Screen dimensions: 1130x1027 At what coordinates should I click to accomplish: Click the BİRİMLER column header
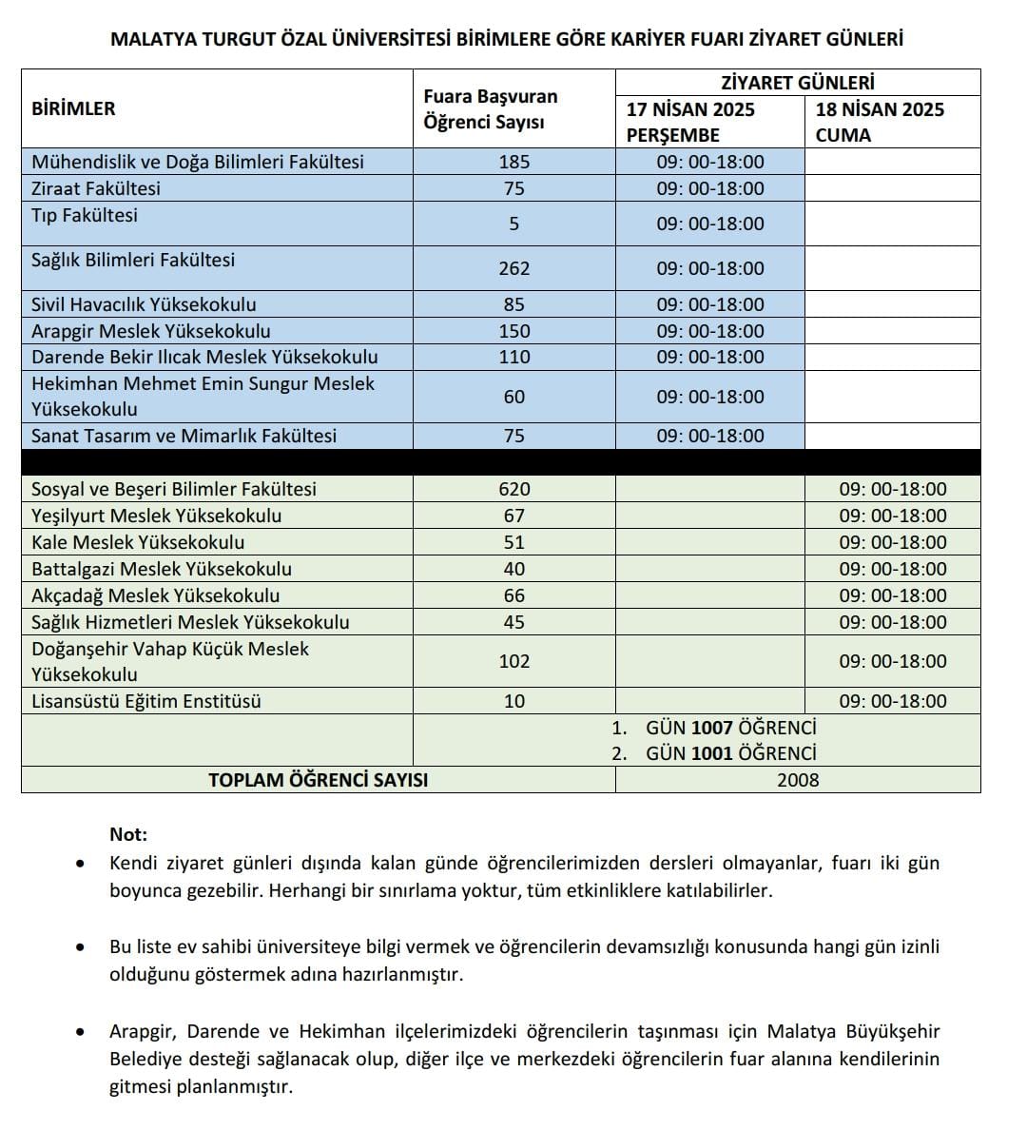pyautogui.click(x=73, y=108)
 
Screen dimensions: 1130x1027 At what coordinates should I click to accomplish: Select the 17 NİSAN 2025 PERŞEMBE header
pyautogui.click(x=690, y=122)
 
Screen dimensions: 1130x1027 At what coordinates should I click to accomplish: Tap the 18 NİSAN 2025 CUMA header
pyautogui.click(x=880, y=122)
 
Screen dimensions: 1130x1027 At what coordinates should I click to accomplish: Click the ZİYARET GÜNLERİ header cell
pyautogui.click(x=798, y=83)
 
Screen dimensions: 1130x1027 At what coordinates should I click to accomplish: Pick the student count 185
pyautogui.click(x=514, y=162)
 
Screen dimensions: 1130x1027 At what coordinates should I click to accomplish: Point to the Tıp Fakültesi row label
pyautogui.click(x=85, y=215)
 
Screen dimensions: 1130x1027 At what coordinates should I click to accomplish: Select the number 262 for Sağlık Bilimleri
pyautogui.click(x=514, y=268)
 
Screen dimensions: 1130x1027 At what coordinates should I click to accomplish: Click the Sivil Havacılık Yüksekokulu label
pyautogui.click(x=144, y=304)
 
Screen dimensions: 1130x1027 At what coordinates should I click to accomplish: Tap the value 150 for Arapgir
pyautogui.click(x=514, y=331)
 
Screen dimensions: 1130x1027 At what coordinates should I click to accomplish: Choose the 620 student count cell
pyautogui.click(x=514, y=489)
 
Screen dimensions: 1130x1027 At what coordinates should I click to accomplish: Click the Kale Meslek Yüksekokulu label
pyautogui.click(x=138, y=542)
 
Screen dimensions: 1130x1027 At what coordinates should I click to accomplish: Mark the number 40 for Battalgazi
pyautogui.click(x=514, y=569)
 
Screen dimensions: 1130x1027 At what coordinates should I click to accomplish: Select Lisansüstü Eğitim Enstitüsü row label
pyautogui.click(x=145, y=701)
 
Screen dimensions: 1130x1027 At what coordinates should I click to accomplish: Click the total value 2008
pyautogui.click(x=798, y=780)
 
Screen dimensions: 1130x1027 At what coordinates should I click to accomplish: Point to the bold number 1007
pyautogui.click(x=712, y=728)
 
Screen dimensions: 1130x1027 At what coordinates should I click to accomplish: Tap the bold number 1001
pyautogui.click(x=712, y=753)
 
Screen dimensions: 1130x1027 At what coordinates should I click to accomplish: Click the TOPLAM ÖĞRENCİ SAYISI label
pyautogui.click(x=318, y=780)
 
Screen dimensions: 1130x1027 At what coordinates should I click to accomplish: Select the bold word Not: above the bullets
pyautogui.click(x=128, y=834)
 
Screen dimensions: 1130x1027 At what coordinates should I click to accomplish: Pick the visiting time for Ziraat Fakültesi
pyautogui.click(x=710, y=188)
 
